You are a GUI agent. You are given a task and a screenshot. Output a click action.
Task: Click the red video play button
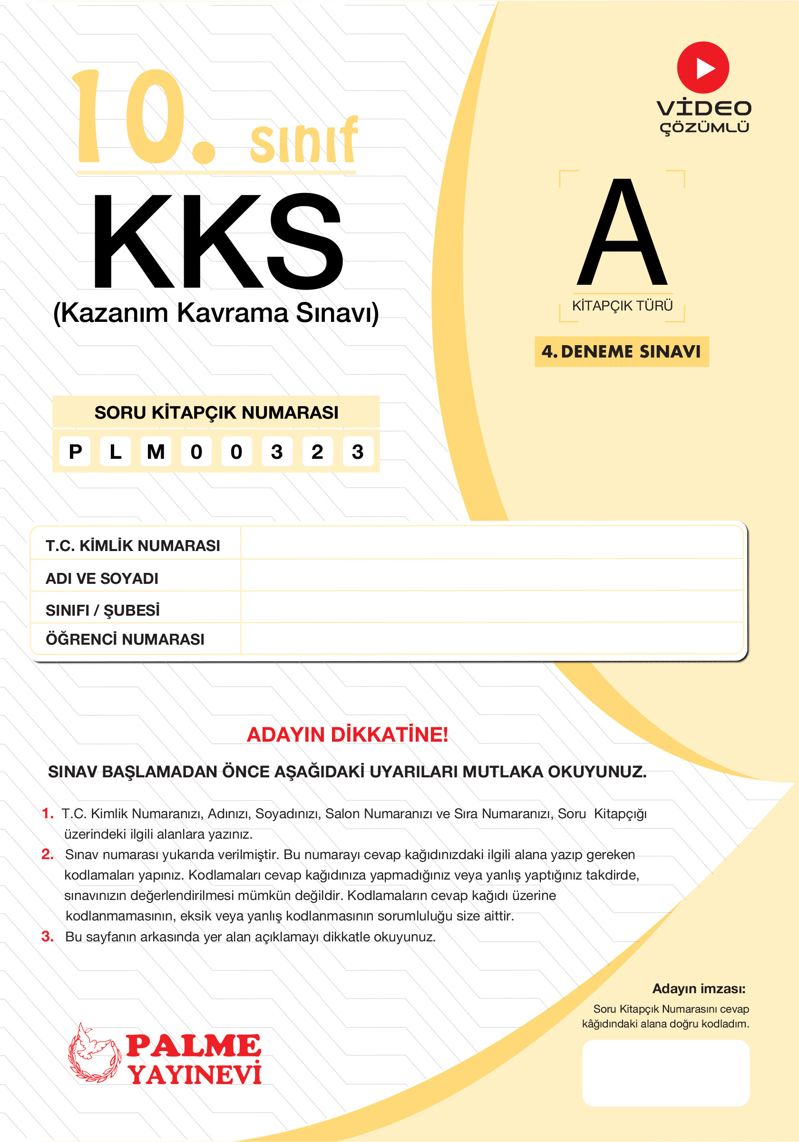[x=702, y=68]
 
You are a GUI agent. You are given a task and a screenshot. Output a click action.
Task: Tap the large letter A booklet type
[x=622, y=234]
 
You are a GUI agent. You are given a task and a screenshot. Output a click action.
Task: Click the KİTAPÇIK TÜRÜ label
[x=622, y=305]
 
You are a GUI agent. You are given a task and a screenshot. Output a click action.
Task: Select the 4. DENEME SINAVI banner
[x=622, y=352]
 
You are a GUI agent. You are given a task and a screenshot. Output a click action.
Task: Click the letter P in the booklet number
[x=75, y=452]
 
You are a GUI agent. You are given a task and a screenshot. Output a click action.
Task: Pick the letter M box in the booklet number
[x=156, y=452]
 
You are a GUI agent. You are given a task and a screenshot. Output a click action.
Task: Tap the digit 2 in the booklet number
[x=317, y=452]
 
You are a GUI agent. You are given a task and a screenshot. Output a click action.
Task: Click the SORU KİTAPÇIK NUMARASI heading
[x=216, y=412]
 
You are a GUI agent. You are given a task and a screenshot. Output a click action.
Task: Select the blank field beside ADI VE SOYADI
[x=492, y=576]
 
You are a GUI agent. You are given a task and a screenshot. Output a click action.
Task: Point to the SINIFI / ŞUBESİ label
[x=102, y=610]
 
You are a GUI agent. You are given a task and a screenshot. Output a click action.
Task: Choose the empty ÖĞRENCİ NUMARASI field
[x=492, y=639]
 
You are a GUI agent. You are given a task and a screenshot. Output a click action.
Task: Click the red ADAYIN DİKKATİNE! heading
[x=347, y=735]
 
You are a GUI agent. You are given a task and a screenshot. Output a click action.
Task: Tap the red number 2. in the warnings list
[x=48, y=854]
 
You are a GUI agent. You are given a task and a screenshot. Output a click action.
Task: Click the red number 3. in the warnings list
[x=48, y=937]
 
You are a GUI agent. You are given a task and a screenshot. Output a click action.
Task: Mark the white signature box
[x=666, y=1073]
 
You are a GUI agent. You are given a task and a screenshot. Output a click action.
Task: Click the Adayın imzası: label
[x=699, y=988]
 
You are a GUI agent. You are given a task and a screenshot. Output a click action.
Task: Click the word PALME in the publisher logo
[x=193, y=1045]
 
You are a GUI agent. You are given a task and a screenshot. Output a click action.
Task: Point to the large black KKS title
[x=217, y=241]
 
